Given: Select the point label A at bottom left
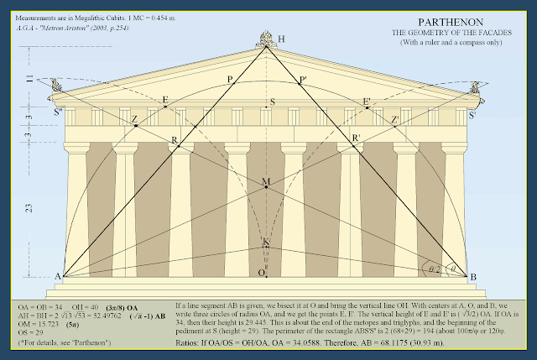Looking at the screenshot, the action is click(x=59, y=277).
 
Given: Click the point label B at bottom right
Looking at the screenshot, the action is click(x=473, y=277).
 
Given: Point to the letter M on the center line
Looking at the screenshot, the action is click(x=266, y=182).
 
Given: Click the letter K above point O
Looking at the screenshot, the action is click(x=266, y=243).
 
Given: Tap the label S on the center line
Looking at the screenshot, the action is click(x=271, y=103).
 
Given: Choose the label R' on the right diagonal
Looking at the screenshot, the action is click(x=357, y=137).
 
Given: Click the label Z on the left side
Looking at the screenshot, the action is click(x=134, y=119).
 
